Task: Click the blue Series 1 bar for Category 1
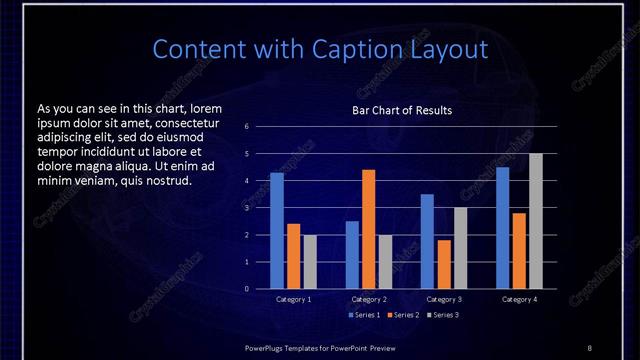tap(277, 231)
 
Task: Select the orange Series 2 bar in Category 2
tap(369, 229)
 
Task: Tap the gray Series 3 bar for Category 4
tap(536, 221)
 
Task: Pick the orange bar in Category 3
tap(444, 264)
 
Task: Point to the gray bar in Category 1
tap(310, 262)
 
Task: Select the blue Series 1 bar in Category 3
tap(427, 241)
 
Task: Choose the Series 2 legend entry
tap(402, 315)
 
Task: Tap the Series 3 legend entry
tap(442, 315)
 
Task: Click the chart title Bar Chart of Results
tap(402, 110)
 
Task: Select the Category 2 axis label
tap(369, 299)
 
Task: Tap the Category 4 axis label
tap(519, 299)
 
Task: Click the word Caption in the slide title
tap(342, 49)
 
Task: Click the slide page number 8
tap(589, 347)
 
